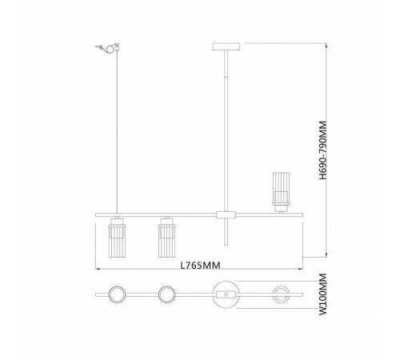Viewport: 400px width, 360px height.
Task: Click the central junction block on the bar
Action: point(224,215)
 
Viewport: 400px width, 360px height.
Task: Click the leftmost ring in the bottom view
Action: point(116,294)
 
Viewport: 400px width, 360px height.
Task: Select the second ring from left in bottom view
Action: point(167,294)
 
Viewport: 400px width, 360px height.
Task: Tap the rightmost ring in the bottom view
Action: point(282,294)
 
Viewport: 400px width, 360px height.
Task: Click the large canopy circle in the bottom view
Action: point(224,294)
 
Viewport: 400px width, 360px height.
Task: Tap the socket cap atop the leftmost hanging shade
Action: point(116,219)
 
